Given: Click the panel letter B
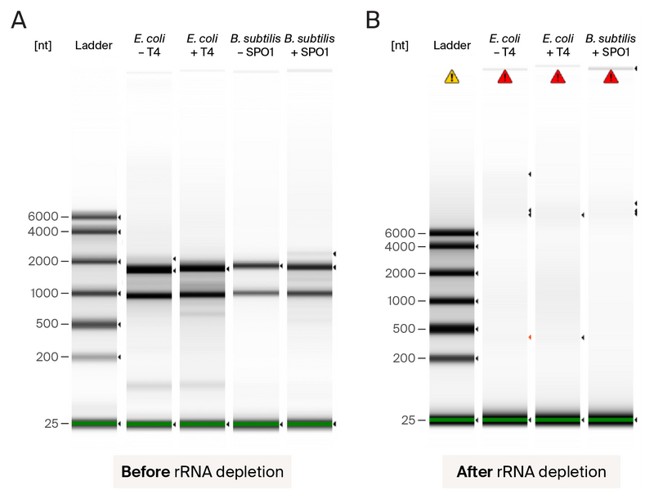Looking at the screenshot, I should click(373, 19).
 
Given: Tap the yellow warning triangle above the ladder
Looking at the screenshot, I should click(452, 77).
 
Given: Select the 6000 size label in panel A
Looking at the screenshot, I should click(43, 217).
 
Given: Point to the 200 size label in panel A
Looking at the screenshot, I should click(46, 357).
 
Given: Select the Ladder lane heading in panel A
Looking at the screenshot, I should click(93, 45).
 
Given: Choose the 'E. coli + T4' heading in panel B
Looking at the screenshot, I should click(558, 45).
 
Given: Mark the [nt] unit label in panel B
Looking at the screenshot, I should click(401, 45).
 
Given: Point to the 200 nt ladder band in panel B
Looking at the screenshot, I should click(452, 358).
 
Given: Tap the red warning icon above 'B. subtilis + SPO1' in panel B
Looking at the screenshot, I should click(611, 77).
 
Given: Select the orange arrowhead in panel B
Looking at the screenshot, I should click(530, 337).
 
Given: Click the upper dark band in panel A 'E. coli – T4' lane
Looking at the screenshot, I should click(149, 268).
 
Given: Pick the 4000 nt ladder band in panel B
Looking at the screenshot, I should click(452, 246).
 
